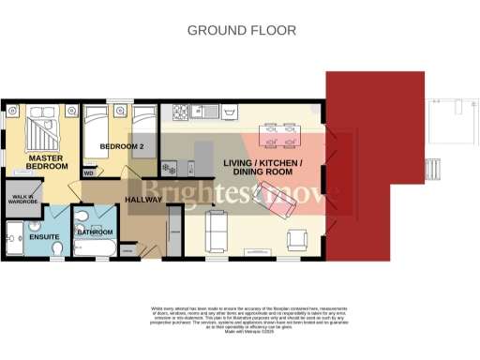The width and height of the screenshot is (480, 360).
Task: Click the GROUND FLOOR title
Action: pyautogui.click(x=241, y=30)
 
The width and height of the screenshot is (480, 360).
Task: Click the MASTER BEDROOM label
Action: pyautogui.click(x=44, y=164)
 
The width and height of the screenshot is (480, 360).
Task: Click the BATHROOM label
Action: pyautogui.click(x=95, y=232)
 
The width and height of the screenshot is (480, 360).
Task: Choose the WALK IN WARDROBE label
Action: pyautogui.click(x=22, y=199)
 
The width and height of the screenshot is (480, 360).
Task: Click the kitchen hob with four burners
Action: pyautogui.click(x=169, y=169)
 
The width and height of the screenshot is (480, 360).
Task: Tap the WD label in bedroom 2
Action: pyautogui.click(x=88, y=173)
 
